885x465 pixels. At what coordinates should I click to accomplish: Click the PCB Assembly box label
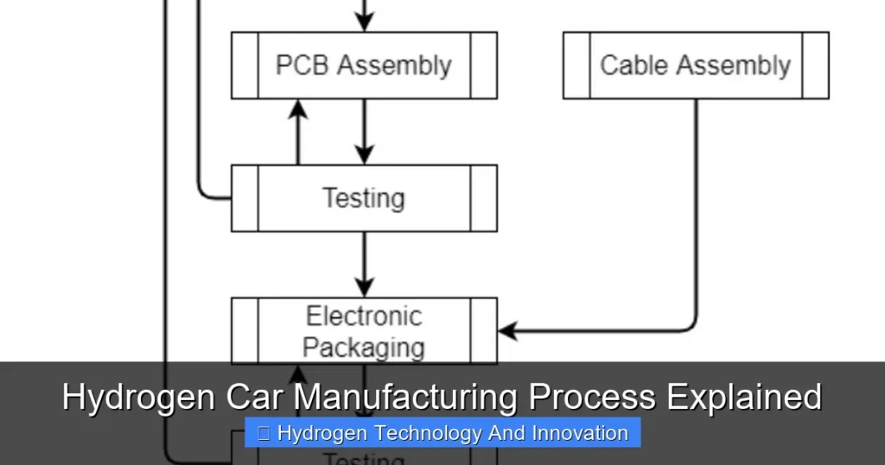[x=363, y=66]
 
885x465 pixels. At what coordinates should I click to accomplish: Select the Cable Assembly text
[x=695, y=66]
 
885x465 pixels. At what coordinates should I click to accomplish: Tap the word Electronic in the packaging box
[x=364, y=316]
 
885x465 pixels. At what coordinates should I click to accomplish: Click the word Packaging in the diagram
[x=364, y=347]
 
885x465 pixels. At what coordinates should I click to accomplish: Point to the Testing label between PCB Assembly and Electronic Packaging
[x=364, y=198]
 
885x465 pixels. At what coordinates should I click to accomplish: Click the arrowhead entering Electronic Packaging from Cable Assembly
[x=506, y=330]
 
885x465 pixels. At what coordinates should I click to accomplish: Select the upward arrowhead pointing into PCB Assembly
[x=298, y=107]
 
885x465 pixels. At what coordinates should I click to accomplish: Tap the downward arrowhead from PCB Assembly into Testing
[x=364, y=156]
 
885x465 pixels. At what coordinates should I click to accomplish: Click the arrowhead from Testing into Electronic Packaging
[x=364, y=288]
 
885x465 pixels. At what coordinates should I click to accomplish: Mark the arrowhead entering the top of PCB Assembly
[x=364, y=23]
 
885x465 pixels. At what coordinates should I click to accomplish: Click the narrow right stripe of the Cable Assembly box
[x=815, y=66]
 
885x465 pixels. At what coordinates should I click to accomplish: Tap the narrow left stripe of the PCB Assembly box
[x=245, y=66]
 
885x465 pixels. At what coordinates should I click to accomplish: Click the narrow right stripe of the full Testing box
[x=484, y=198]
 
